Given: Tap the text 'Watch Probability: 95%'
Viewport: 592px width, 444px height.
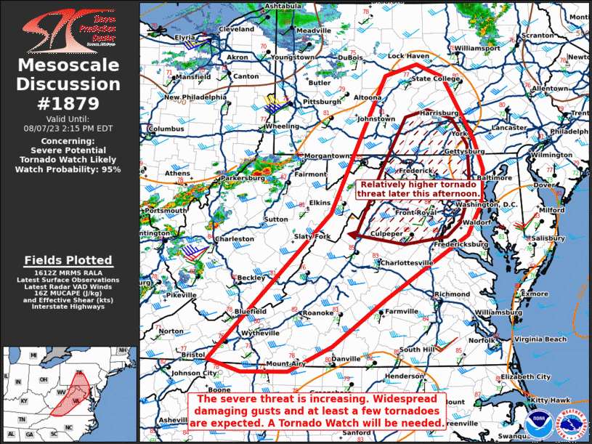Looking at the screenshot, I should tap(69, 169).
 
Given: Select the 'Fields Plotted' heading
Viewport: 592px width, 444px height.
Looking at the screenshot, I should tap(68, 260).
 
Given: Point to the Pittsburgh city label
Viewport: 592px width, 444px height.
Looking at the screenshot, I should tap(321, 102).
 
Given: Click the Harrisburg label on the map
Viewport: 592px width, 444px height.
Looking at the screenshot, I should tap(439, 114).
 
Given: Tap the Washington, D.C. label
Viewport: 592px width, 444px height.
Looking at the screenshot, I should tap(486, 205).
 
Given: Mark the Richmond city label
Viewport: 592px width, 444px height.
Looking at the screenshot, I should tap(451, 294).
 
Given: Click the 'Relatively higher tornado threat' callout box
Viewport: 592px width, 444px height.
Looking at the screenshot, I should tap(419, 189).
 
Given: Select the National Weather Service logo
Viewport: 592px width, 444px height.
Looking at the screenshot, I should tap(570, 424).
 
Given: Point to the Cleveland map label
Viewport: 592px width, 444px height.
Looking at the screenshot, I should tap(236, 29).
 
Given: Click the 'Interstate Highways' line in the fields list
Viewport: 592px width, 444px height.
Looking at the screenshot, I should tap(68, 306).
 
